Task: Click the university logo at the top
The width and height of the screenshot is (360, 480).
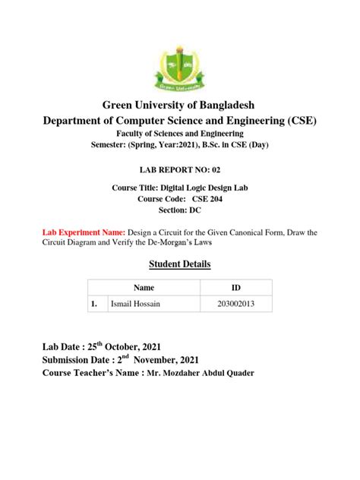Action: pos(180,64)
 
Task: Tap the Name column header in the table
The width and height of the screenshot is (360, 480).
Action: pos(144,289)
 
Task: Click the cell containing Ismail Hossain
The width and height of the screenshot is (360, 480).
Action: pos(141,304)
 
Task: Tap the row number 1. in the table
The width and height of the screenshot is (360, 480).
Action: pos(95,304)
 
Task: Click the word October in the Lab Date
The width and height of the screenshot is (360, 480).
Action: pos(137,345)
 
